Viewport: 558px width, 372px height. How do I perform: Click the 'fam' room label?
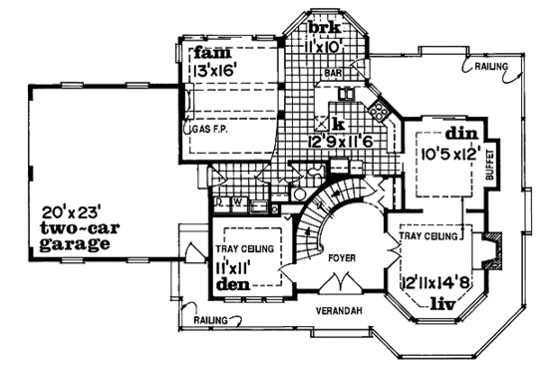click(212, 52)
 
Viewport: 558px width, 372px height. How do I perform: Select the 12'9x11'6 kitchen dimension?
click(341, 143)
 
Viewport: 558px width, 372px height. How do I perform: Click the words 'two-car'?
click(74, 227)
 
